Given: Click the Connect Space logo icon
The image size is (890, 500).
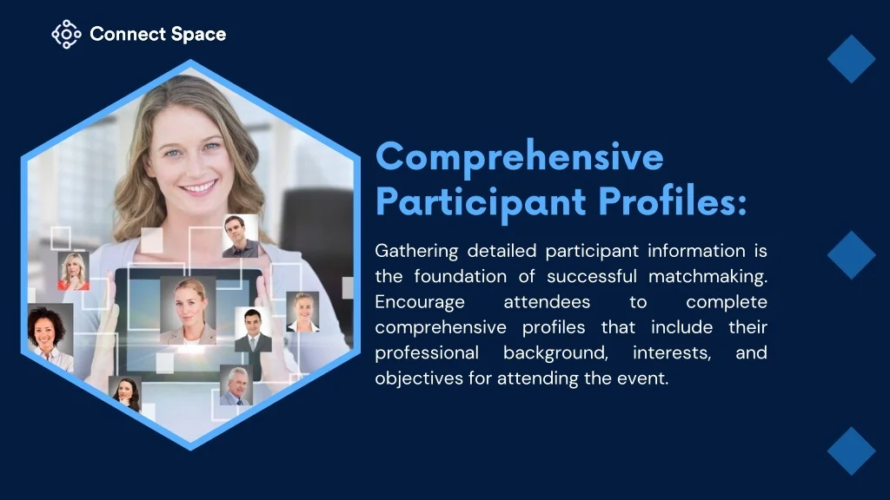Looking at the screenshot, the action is pos(66,34).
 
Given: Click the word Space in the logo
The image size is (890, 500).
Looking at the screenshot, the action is pos(198,35).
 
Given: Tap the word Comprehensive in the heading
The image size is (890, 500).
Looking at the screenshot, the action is pos(520,158).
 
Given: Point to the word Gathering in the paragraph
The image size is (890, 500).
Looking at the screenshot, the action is pos(416,251).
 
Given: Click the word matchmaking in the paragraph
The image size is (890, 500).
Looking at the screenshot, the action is pos(707,277).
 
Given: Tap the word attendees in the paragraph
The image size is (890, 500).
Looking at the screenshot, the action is pos(547,302).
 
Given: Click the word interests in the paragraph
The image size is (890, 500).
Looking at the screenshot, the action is pos(672,353).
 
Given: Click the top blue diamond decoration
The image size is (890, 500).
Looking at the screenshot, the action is pos(852,59).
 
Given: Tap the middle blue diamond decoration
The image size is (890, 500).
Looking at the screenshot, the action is pos(852,255).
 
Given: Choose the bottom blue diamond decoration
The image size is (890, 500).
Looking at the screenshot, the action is pos(852,451).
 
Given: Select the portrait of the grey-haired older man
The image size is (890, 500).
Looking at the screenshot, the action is pos(236,385).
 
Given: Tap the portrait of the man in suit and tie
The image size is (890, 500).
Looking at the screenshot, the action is pos(253,330).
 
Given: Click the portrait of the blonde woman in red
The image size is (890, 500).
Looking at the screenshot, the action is pos(73,271).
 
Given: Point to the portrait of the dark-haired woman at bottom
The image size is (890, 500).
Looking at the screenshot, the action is pos(126,393).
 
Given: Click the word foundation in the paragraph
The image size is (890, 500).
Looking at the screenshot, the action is pos(461,277).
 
